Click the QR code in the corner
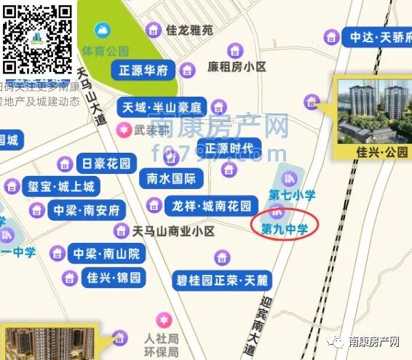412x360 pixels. pos(37,38)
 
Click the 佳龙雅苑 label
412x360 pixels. pos(189,31)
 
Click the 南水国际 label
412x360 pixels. pos(172,178)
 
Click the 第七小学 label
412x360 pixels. pos(292,194)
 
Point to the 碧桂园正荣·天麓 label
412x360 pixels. pos(223,279)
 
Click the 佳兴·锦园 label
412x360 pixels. pos(115,277)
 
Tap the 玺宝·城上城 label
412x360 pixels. pos(59,187)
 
